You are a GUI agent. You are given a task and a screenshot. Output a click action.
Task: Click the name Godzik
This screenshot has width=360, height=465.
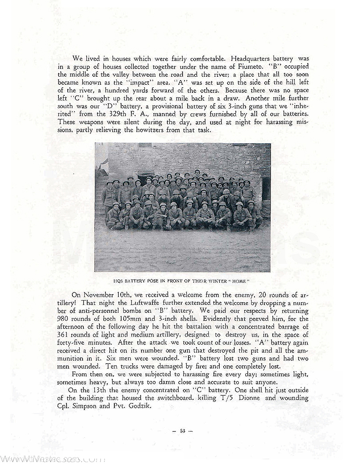[x=141, y=406]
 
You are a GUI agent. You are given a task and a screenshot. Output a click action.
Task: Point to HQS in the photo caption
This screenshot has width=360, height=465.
[x=119, y=280]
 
